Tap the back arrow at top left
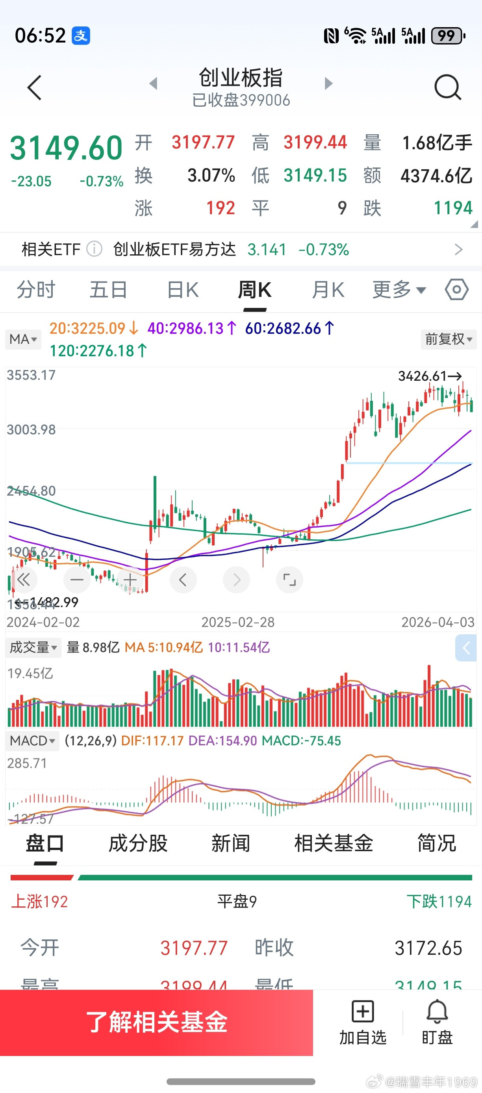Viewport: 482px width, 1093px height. pyautogui.click(x=34, y=88)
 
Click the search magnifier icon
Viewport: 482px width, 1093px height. pyautogui.click(x=448, y=87)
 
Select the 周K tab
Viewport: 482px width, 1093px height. pyautogui.click(x=254, y=291)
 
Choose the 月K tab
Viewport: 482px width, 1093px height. pyautogui.click(x=328, y=291)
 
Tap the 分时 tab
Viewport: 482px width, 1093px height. pyautogui.click(x=36, y=291)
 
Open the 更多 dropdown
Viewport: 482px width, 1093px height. pyautogui.click(x=399, y=291)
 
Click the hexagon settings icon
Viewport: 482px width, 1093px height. pyautogui.click(x=456, y=290)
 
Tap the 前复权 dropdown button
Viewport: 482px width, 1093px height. pyautogui.click(x=449, y=339)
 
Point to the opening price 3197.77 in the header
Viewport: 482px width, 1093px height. pyautogui.click(x=203, y=143)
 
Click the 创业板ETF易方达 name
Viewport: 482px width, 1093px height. pyautogui.click(x=174, y=250)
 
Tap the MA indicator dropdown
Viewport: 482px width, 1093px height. pyautogui.click(x=23, y=339)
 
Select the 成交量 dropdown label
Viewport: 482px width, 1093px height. pyautogui.click(x=33, y=647)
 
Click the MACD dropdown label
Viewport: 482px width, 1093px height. pyautogui.click(x=32, y=741)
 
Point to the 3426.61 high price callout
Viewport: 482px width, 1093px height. pyautogui.click(x=429, y=376)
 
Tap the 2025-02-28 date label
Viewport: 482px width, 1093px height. pyautogui.click(x=237, y=622)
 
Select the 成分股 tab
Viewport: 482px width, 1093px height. pyautogui.click(x=138, y=843)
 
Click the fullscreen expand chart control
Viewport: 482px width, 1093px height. pyautogui.click(x=289, y=580)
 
